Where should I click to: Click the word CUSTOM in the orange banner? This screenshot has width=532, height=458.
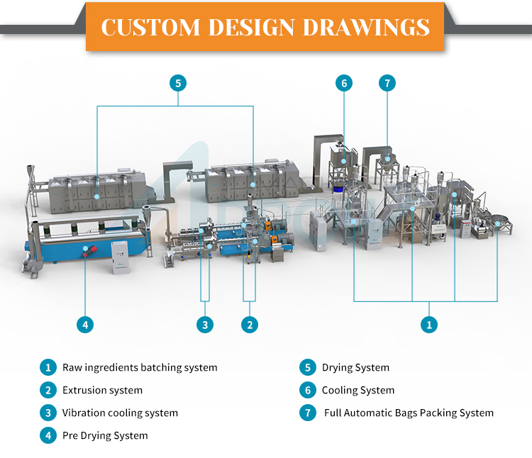150,27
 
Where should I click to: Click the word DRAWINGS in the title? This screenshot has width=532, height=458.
366,27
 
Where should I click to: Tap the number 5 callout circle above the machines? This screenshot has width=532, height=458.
178,83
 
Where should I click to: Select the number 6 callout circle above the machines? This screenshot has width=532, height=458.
344,83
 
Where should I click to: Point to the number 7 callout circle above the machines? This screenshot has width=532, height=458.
387,83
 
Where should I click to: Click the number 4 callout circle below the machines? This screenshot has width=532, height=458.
85,325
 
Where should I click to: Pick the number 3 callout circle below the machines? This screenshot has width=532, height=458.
205,325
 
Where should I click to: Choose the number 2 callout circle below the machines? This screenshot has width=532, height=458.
250,325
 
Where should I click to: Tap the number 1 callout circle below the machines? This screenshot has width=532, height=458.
429,325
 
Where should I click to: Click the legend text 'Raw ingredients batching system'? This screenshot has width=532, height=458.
140,368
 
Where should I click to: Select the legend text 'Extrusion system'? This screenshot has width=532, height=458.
102,390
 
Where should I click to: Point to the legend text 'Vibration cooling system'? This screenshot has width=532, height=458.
120,413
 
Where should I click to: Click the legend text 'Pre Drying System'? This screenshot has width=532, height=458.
105,435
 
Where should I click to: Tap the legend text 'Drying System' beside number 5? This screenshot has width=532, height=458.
355,368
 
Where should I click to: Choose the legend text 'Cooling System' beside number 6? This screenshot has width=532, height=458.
358,390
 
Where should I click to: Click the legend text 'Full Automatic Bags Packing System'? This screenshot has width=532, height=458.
409,413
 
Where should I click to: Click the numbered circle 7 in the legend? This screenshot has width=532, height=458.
308,413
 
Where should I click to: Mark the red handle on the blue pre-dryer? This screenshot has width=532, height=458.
90,251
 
